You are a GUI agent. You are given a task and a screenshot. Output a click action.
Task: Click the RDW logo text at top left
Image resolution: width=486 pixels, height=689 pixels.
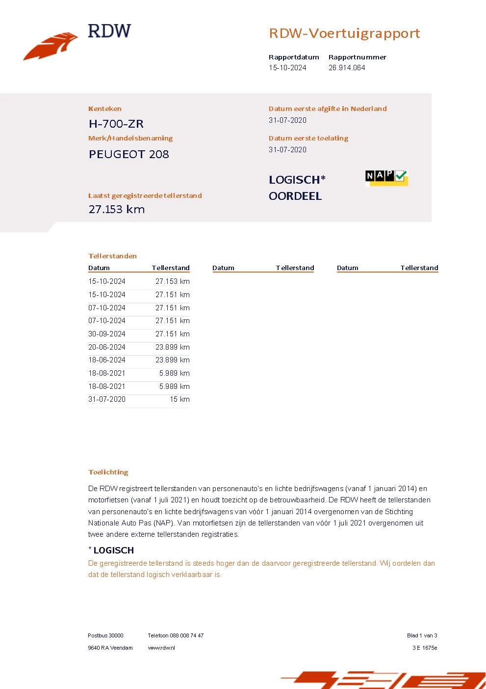click(x=109, y=31)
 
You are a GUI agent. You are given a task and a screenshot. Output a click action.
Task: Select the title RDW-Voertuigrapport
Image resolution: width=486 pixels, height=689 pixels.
click(x=344, y=33)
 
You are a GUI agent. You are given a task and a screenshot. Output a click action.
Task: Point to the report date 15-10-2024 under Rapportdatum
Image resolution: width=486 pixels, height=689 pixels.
click(x=287, y=68)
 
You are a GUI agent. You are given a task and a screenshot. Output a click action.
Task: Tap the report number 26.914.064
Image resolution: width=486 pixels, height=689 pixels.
click(x=347, y=68)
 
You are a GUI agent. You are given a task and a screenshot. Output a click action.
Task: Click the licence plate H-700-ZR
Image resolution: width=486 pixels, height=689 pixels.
click(x=116, y=124)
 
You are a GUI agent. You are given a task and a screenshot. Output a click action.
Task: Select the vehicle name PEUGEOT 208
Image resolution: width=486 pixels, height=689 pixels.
click(x=129, y=154)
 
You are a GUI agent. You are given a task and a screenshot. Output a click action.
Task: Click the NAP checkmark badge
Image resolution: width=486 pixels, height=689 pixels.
click(x=386, y=177)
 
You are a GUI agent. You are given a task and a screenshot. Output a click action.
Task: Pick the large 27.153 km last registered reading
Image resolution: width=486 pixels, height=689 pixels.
click(x=117, y=209)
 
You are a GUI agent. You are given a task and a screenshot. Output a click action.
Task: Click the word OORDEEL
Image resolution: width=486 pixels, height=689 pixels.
click(x=295, y=196)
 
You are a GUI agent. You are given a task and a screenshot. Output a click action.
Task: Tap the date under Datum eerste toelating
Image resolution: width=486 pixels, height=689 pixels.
click(x=287, y=150)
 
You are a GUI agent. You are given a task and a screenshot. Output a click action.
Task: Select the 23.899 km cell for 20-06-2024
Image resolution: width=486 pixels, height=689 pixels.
click(x=172, y=347)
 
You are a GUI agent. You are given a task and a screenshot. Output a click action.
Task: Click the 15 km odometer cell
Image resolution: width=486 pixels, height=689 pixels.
click(x=179, y=399)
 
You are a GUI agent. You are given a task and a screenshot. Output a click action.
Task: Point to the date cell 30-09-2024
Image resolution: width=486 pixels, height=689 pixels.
click(x=107, y=334)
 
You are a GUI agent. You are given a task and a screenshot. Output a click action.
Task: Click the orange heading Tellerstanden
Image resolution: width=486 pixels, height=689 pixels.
click(x=112, y=256)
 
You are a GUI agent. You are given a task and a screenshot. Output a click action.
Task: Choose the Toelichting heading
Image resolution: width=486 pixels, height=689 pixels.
click(x=108, y=472)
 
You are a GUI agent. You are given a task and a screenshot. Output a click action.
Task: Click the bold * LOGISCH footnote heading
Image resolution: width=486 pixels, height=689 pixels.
click(x=111, y=550)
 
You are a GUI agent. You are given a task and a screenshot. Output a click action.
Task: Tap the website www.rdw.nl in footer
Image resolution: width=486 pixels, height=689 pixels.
click(x=161, y=648)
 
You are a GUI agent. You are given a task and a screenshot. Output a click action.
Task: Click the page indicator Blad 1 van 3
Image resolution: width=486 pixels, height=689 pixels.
click(x=422, y=635)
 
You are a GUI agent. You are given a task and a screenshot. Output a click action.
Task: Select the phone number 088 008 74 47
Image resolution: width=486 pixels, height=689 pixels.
click(x=186, y=635)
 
